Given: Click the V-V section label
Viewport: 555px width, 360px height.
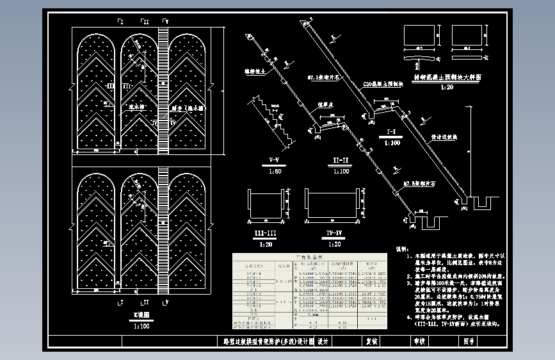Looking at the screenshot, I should [x=274, y=158].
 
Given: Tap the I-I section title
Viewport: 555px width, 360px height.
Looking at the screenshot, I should [x=392, y=133].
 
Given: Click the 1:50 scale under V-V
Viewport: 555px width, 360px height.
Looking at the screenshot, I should [x=274, y=171].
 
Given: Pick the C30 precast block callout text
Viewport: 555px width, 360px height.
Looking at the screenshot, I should [x=382, y=83].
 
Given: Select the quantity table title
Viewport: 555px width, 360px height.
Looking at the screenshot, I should [x=308, y=256].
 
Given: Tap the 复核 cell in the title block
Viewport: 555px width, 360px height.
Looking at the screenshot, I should [x=373, y=341].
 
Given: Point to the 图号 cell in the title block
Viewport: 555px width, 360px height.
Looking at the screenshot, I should [x=469, y=341].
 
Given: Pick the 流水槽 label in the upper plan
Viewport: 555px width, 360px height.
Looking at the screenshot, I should [x=136, y=108].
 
